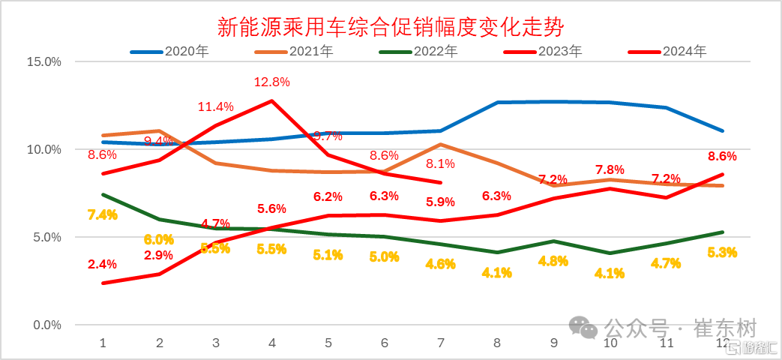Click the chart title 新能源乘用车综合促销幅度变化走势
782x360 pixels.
[x=390, y=28]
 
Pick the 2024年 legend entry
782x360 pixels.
[x=684, y=52]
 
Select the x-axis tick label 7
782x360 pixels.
[x=441, y=343]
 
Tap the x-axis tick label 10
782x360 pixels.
[x=610, y=343]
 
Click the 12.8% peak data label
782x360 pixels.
[x=272, y=81]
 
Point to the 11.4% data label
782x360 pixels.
[x=216, y=106]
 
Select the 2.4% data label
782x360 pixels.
[x=102, y=264]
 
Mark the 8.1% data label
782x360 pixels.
[x=441, y=163]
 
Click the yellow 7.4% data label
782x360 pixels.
[x=103, y=214]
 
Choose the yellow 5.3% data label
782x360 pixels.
[x=722, y=252]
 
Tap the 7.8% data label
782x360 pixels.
[x=610, y=170]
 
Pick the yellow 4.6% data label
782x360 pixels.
[x=441, y=263]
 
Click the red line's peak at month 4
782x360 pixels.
[x=271, y=100]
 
